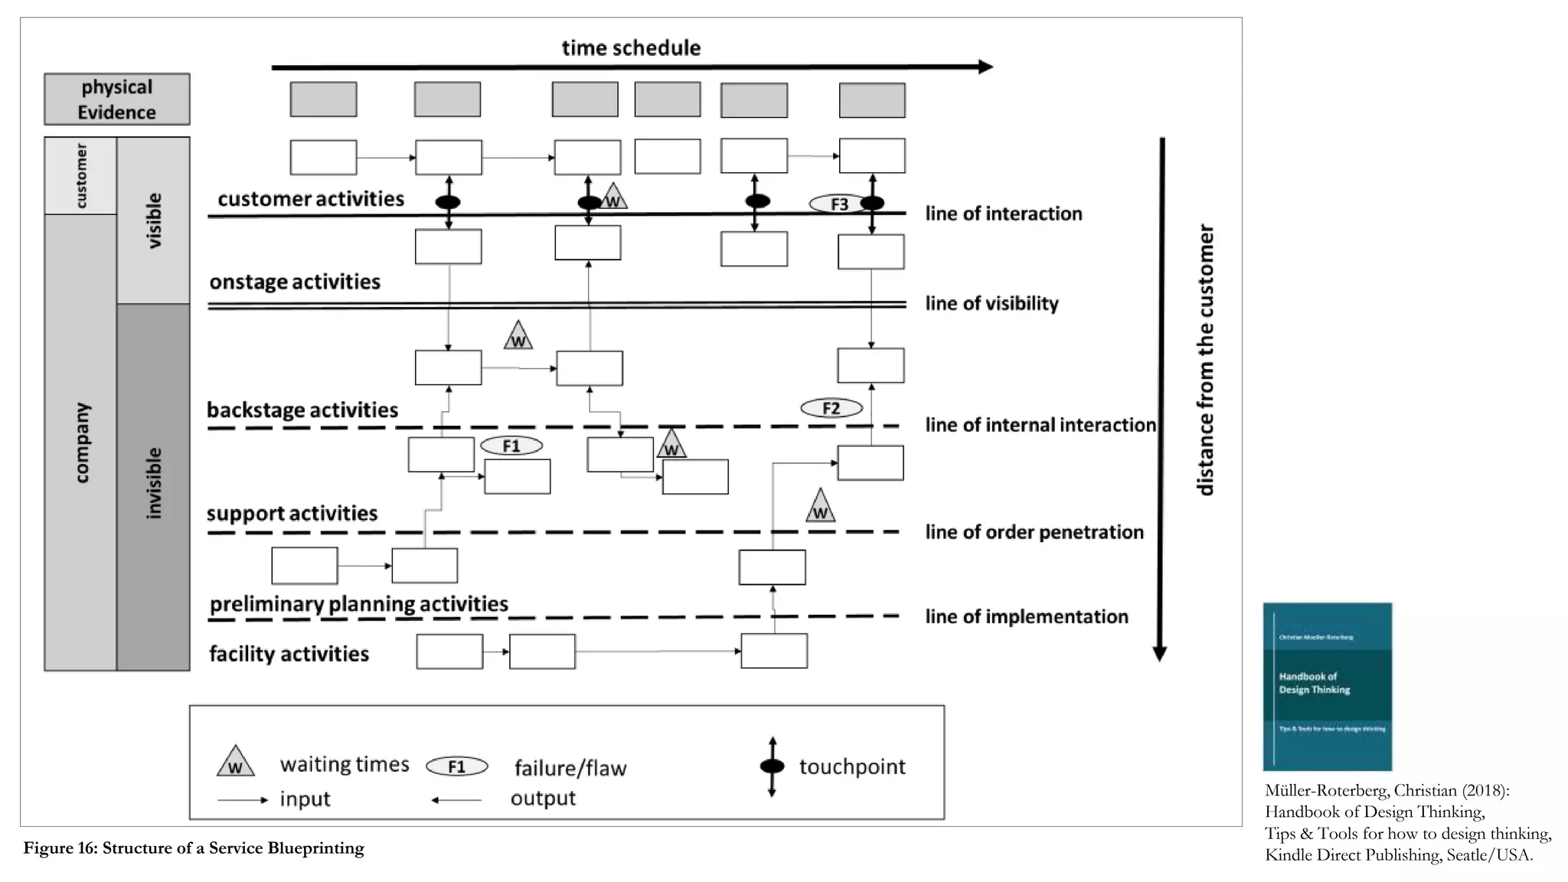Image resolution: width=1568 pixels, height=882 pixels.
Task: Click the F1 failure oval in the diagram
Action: (511, 446)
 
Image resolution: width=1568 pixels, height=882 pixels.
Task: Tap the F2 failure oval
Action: (831, 408)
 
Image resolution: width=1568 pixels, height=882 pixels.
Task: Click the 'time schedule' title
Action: (631, 47)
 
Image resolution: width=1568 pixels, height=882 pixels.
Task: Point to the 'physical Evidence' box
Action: (116, 100)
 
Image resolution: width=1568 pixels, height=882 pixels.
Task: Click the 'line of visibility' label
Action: (991, 303)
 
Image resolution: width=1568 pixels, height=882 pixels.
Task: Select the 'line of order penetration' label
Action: (1034, 532)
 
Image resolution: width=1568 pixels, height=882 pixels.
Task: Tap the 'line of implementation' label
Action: (1026, 616)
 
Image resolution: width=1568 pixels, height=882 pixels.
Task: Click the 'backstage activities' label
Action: (302, 410)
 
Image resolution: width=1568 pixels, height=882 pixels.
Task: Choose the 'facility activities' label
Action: (289, 654)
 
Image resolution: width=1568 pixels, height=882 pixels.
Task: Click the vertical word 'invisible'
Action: (154, 484)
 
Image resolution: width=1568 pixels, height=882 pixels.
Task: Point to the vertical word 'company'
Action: (81, 443)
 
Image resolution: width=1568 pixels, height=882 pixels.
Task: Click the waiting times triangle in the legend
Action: (235, 762)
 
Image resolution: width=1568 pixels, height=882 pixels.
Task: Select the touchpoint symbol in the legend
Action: (772, 766)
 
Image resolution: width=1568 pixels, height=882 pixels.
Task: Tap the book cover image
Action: (1327, 686)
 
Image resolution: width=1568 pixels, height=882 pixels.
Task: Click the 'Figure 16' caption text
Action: (194, 848)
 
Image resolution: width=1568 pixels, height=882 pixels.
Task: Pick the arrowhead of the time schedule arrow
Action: (985, 67)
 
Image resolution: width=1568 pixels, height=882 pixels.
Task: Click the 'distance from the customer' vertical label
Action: (1205, 360)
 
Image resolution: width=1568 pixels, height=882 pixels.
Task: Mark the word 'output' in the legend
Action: (543, 798)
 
